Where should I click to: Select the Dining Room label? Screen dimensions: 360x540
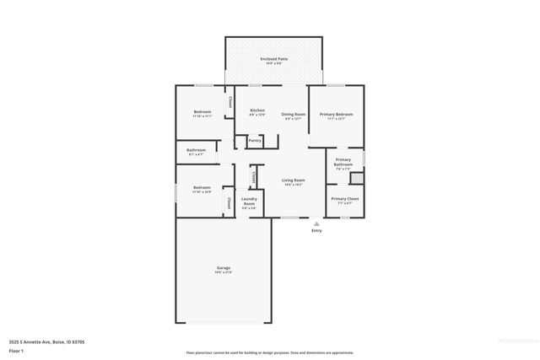click(293, 114)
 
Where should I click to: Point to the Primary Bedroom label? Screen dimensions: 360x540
click(336, 114)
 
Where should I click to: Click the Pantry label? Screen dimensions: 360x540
click(255, 141)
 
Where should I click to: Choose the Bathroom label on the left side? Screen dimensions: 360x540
click(195, 149)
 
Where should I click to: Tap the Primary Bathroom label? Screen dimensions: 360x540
click(343, 162)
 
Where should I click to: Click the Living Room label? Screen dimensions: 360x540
click(293, 180)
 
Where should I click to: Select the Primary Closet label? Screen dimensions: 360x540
click(343, 199)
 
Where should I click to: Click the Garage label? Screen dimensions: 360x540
click(223, 268)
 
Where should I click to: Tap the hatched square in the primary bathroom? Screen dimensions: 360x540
click(357, 178)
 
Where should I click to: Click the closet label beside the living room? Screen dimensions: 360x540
click(254, 177)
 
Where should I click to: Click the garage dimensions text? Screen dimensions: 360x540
click(223, 272)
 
